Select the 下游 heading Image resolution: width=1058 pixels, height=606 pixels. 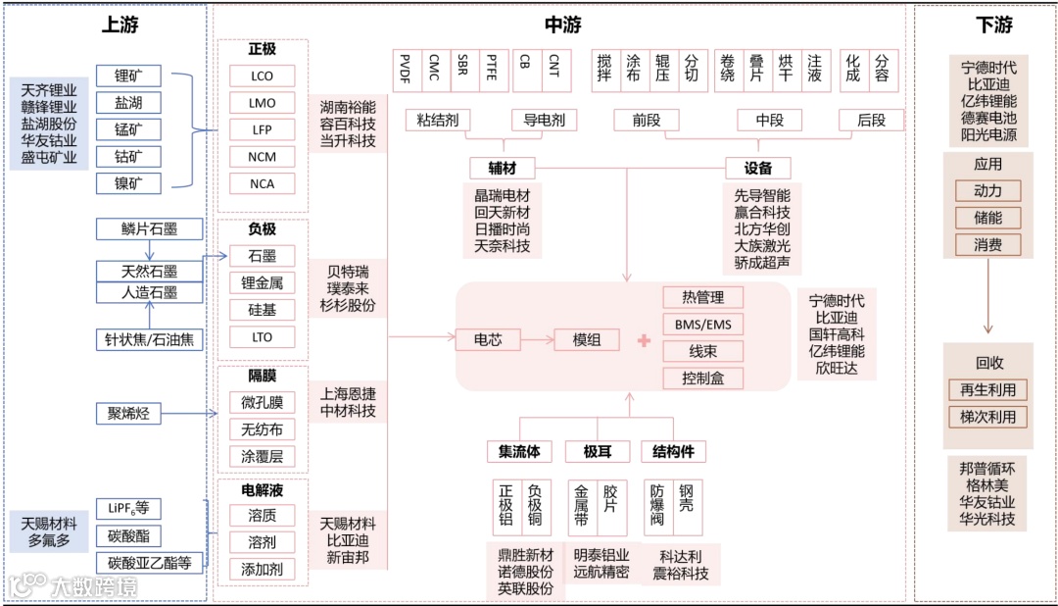coord(994,25)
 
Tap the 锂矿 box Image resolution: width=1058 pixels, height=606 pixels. coord(128,76)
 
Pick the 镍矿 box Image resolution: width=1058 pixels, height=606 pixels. coord(128,182)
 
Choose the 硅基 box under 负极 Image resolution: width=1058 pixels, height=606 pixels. coord(262,310)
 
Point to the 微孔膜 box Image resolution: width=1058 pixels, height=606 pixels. coord(262,402)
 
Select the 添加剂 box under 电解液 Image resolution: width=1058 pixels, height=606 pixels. coord(262,569)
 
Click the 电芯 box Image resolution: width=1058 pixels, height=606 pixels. coord(488,339)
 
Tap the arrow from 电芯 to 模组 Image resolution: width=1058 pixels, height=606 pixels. coord(537,339)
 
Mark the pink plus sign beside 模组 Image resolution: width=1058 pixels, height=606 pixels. coord(644,340)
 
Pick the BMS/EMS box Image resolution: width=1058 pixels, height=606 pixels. coord(702,324)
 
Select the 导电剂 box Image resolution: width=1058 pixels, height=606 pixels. coord(544,120)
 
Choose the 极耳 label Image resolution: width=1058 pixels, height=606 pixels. coord(598,451)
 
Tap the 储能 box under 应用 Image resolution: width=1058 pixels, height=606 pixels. coord(987,218)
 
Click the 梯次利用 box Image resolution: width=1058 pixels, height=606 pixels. coord(987,417)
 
